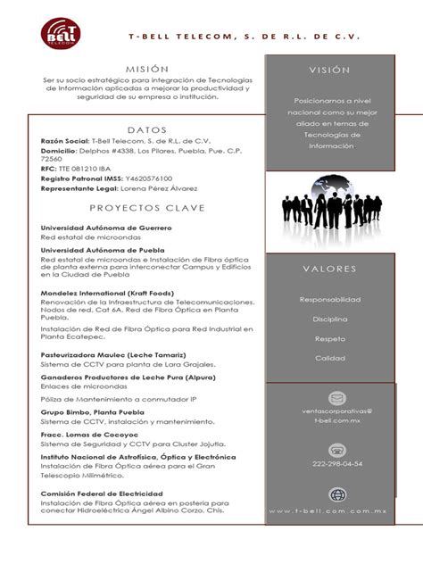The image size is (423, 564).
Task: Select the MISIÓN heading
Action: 146,68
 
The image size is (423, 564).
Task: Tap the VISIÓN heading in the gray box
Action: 329,70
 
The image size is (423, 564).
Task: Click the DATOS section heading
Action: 147,129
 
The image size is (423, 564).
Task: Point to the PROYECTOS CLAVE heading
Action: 147,208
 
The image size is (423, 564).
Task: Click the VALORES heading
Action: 329,269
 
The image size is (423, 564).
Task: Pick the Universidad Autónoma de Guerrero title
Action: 106,228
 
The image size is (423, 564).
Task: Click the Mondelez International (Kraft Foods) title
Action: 107,293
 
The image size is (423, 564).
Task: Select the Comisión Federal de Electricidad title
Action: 102,493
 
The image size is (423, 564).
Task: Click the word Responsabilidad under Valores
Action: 329,299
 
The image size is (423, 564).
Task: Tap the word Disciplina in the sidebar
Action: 329,319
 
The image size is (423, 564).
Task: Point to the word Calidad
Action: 329,358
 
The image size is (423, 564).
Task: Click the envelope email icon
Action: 337,398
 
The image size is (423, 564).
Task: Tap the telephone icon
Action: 337,450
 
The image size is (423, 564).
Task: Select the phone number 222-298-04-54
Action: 337,464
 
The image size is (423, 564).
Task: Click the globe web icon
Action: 337,495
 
